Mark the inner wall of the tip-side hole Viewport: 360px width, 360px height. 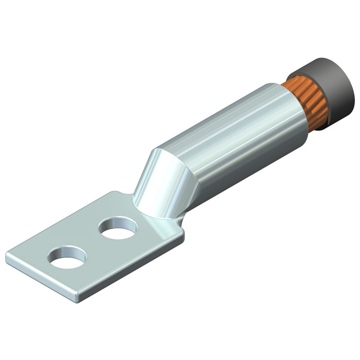point(67,251)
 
